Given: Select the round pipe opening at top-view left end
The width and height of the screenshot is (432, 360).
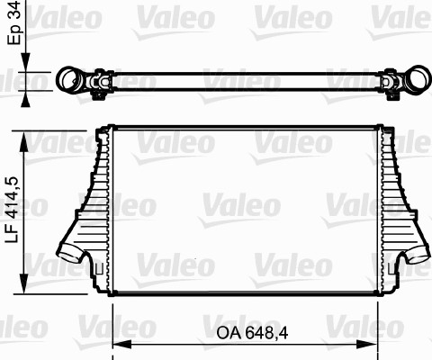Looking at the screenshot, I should click(69, 81).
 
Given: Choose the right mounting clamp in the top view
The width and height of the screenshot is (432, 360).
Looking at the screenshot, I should click(391, 85).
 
